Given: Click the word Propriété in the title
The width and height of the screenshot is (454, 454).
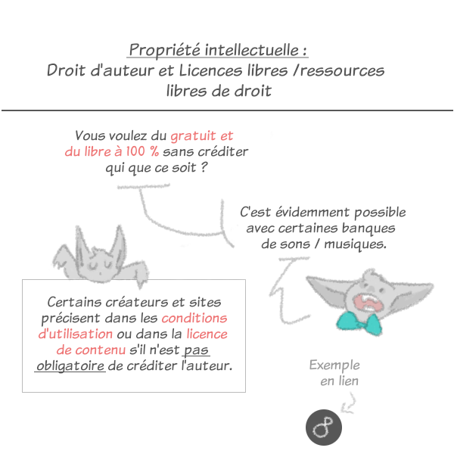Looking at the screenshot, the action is (164, 50).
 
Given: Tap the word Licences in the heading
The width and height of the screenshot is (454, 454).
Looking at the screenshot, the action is (210, 70).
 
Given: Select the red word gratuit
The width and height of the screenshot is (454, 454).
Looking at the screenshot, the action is (193, 136).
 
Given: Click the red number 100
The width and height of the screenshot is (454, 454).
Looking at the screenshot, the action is (135, 151).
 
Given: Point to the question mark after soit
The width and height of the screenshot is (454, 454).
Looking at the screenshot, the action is (204, 166).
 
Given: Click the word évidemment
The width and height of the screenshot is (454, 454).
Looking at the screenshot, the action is (312, 212).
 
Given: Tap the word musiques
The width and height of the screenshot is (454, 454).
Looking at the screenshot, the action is (355, 244).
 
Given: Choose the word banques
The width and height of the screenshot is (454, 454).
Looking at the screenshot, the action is (368, 228).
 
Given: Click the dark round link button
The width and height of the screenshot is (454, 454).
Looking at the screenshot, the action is (324, 428).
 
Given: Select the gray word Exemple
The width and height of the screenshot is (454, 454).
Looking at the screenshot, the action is (334, 365).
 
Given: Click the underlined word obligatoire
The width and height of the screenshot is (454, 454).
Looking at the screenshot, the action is (70, 365).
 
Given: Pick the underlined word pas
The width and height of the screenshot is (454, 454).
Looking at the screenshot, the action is (196, 350).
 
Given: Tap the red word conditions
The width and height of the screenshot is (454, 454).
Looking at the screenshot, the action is (194, 318).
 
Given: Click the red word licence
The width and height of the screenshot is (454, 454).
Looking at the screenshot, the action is (207, 334).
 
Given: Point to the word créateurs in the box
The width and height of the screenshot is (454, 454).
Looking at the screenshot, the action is (136, 302).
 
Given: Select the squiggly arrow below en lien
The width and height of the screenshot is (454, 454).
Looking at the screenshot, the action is (348, 403).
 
